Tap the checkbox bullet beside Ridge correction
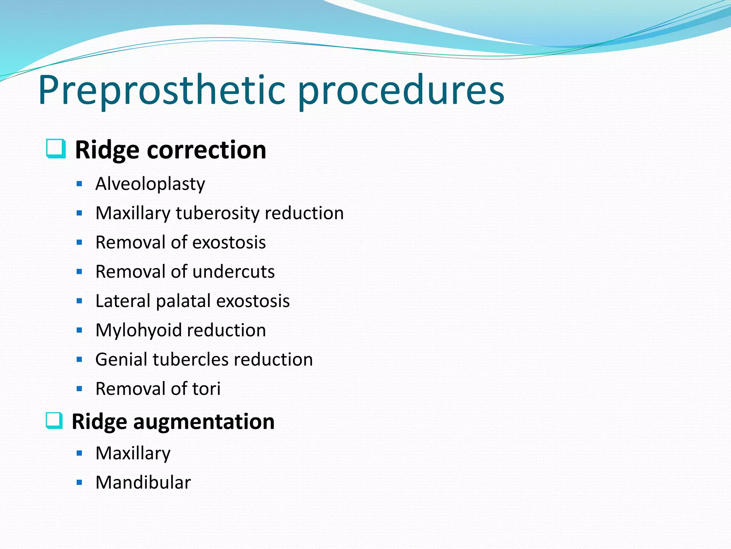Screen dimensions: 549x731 [x=56, y=148]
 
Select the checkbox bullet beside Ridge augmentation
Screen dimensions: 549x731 [x=55, y=420]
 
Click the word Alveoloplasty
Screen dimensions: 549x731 [x=150, y=184]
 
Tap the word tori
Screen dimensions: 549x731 [x=206, y=389]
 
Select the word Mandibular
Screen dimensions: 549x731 [x=143, y=483]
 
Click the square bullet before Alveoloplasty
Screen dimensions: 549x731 [x=79, y=184]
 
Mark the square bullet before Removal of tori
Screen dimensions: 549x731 [x=79, y=389]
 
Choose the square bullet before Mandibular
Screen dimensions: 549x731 [x=79, y=483]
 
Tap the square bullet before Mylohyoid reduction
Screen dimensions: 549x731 [x=79, y=330]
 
